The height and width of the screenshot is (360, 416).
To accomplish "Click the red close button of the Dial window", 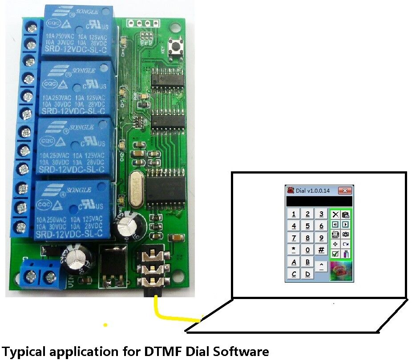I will tap(345, 190).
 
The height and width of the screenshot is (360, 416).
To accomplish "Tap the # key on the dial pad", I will tap(321, 250).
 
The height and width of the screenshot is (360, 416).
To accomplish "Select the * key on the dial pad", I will tap(294, 250).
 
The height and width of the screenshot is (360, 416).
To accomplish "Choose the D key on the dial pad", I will tap(307, 274).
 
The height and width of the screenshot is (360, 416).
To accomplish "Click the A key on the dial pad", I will tap(294, 262).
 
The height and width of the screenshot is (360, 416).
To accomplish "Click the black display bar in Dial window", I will tap(319, 202).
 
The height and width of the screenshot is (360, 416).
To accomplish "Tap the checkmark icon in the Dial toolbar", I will tap(335, 254).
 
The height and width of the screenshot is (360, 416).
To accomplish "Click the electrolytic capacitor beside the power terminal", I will tap(79, 261).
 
